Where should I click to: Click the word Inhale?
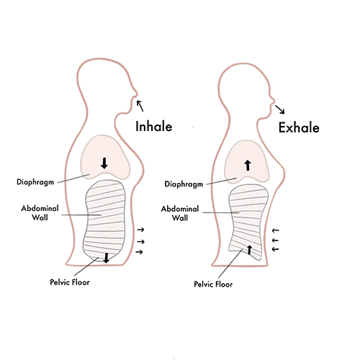click(154, 126)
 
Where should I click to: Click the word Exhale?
click(299, 127)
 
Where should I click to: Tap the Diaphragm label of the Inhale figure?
click(35, 182)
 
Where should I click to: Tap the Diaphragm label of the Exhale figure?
click(184, 184)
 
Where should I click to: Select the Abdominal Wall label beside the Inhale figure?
click(40, 212)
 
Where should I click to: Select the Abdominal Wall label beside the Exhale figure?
click(180, 213)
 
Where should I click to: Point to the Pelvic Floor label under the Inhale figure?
click(70, 282)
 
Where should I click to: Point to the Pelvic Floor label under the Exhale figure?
click(213, 284)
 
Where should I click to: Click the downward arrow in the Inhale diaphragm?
click(104, 163)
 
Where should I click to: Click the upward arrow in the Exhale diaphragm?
click(248, 166)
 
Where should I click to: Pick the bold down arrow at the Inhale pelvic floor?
click(106, 258)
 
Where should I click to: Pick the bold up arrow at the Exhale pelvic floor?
click(249, 250)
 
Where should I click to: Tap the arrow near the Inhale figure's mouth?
click(140, 106)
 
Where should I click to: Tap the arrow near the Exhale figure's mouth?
click(280, 109)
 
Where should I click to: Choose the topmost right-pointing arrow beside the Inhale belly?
click(140, 230)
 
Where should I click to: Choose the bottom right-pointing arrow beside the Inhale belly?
click(139, 252)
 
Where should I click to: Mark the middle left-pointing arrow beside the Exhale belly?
click(275, 240)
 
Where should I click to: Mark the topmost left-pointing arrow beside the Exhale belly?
click(275, 230)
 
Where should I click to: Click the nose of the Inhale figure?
click(136, 94)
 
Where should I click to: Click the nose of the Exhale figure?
click(272, 99)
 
